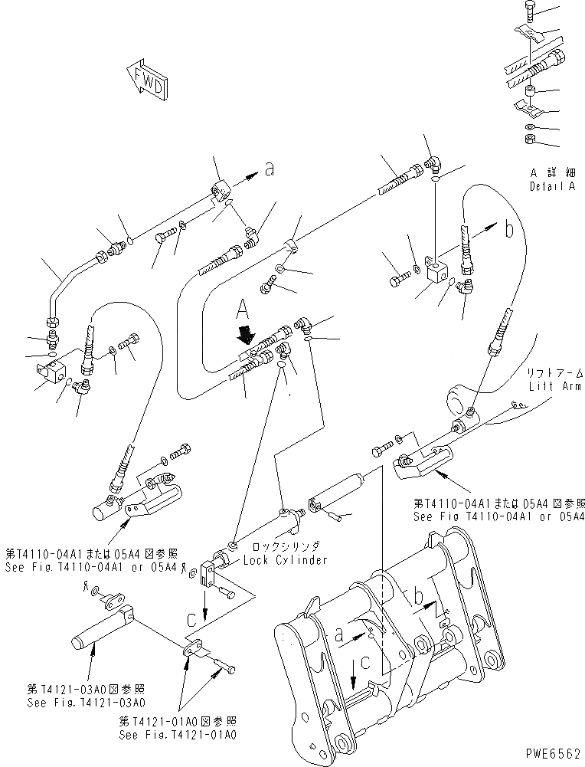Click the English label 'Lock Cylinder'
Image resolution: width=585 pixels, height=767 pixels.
pos(286,560)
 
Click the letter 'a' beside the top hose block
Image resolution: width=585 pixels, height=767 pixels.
pos(269,170)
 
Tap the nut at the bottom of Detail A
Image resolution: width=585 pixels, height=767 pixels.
pos(529,139)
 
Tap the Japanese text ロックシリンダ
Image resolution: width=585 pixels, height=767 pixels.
pos(286,547)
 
